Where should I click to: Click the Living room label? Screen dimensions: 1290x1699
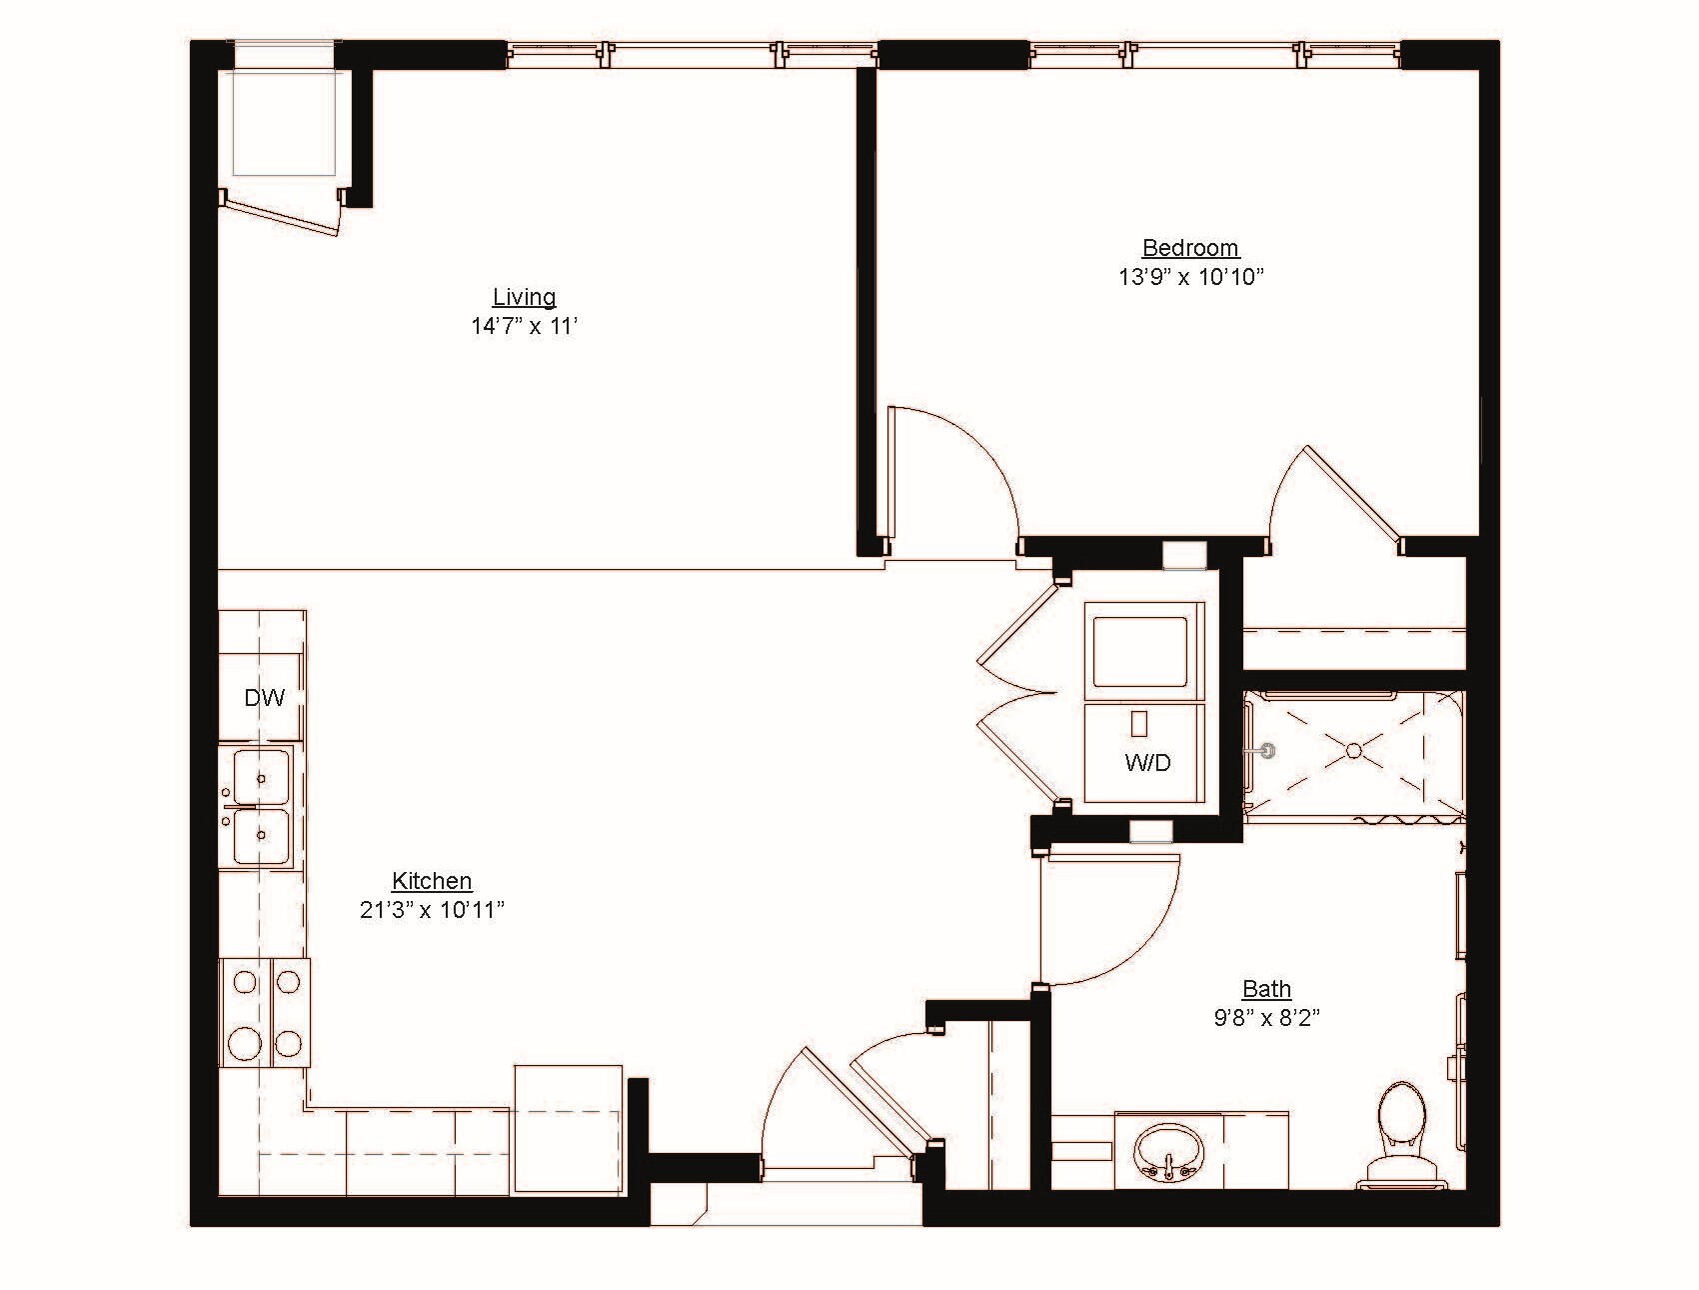coord(524,297)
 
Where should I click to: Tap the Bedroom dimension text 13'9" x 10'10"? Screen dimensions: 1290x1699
coord(1190,277)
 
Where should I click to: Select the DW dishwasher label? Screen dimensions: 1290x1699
coord(265,698)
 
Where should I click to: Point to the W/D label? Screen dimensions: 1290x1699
coord(1147,763)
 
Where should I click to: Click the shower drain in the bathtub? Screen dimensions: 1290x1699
coord(1353,749)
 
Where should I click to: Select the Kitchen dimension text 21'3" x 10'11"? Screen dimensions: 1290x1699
coord(432,910)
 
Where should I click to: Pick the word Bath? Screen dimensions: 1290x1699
coord(1266,989)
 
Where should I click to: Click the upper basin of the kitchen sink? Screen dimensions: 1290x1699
coord(261,776)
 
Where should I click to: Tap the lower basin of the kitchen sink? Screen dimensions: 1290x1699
coord(261,835)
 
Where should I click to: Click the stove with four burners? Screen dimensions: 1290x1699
coord(265,1012)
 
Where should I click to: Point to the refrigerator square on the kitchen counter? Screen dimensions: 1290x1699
coord(568,1128)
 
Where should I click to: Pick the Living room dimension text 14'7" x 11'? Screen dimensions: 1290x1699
coord(524,326)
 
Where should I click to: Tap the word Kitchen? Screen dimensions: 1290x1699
coord(432,881)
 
